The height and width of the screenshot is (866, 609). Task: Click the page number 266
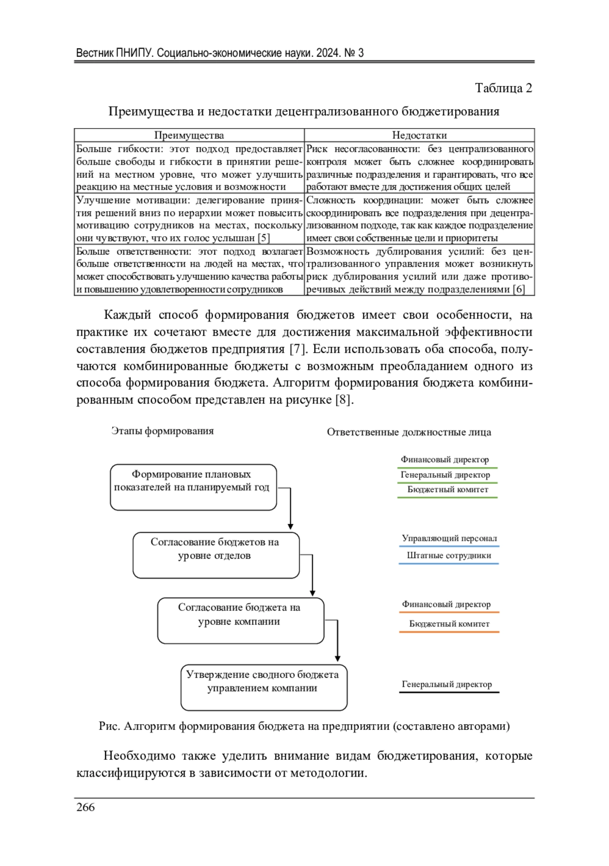tap(85, 807)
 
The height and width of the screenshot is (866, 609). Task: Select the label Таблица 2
tap(503, 88)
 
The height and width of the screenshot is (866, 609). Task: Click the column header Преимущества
tap(189, 135)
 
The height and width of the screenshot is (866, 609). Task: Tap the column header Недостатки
tap(419, 135)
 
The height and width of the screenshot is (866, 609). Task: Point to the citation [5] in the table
tap(263, 238)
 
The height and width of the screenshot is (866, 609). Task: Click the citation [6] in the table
tap(518, 290)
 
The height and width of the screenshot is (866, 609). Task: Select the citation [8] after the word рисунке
tap(343, 400)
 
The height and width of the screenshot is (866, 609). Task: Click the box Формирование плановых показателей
tap(193, 487)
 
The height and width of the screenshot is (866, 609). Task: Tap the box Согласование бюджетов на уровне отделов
tap(216, 555)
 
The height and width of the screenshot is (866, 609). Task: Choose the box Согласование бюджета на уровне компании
tap(241, 621)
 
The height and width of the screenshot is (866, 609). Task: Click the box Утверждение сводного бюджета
tap(264, 687)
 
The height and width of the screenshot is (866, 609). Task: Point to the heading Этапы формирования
tap(162, 431)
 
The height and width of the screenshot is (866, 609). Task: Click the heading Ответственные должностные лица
tap(409, 432)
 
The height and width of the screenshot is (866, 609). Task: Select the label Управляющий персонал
tap(449, 538)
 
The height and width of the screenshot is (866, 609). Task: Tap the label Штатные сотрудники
tap(449, 556)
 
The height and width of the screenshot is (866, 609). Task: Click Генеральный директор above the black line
tap(447, 684)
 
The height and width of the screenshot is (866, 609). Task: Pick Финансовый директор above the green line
tap(445, 460)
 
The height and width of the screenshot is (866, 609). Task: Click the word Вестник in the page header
tap(94, 53)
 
